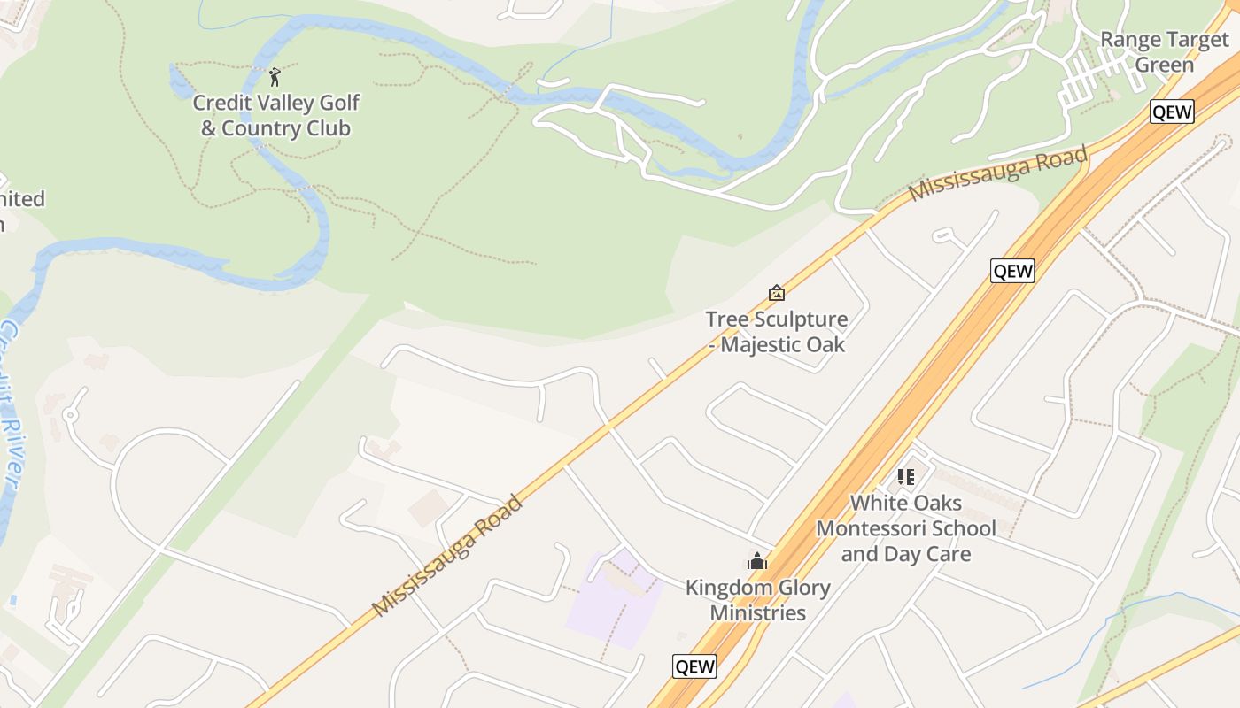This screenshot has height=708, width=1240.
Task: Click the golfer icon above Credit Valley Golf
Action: (x=275, y=77)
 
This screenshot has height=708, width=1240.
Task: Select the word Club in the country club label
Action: (x=325, y=128)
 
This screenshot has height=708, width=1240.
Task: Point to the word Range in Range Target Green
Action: (x=1128, y=40)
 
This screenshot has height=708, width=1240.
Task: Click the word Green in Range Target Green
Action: (x=1164, y=65)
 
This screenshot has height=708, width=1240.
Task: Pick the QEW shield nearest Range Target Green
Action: (x=1172, y=112)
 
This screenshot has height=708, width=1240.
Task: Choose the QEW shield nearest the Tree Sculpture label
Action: (x=1012, y=271)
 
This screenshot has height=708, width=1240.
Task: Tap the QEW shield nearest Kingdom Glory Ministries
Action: (x=694, y=666)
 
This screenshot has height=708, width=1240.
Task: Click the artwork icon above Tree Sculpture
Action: (x=777, y=293)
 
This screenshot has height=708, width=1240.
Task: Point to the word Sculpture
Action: (x=797, y=319)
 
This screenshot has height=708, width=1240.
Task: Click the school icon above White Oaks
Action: (x=905, y=477)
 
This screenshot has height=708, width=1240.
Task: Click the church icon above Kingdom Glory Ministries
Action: (x=757, y=561)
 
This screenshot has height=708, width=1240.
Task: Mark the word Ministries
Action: (x=757, y=612)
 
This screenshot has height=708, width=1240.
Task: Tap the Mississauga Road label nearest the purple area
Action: (x=447, y=556)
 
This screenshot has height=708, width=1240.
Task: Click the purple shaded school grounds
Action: (x=611, y=606)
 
